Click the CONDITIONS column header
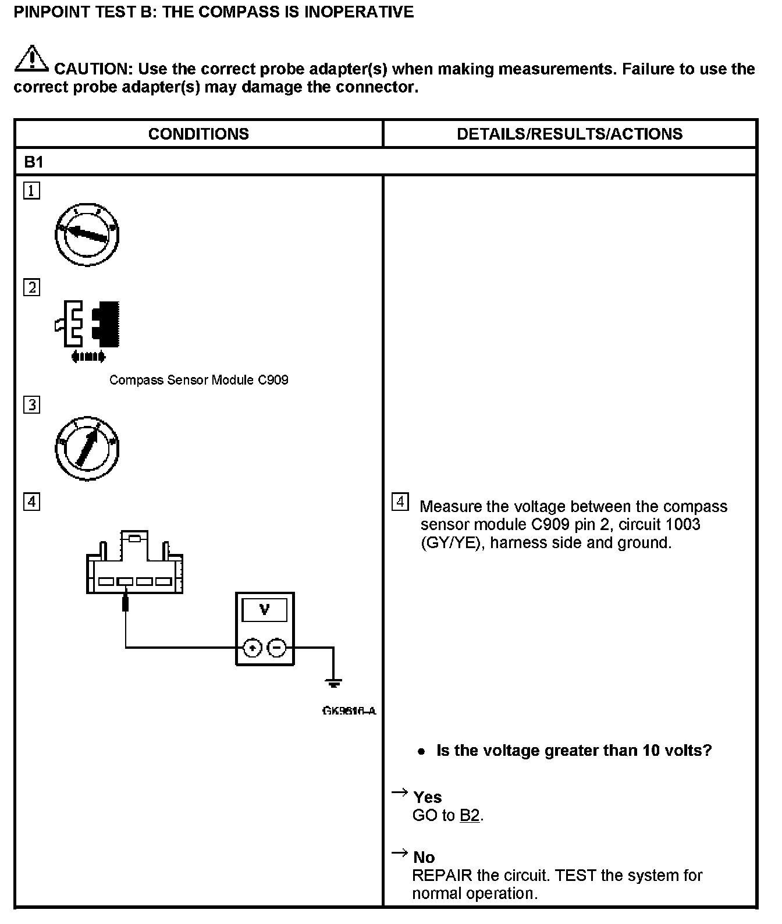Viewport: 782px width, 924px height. [198, 134]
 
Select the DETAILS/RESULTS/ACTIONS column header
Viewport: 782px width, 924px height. [570, 134]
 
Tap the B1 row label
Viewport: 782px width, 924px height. [34, 162]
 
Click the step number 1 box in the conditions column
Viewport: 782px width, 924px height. [32, 191]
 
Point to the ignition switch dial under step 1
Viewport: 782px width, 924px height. [87, 234]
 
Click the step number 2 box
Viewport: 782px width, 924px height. [32, 287]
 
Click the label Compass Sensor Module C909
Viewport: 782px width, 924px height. [199, 380]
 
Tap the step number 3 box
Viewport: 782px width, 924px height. [32, 404]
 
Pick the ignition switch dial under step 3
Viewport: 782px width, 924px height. [87, 448]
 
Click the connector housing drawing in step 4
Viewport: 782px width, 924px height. [134, 564]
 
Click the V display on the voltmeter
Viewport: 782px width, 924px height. [265, 610]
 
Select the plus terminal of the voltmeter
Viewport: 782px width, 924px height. [252, 647]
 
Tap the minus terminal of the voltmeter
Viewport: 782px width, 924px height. [277, 647]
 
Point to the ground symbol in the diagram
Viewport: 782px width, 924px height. [333, 683]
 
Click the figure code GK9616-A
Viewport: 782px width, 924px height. [349, 711]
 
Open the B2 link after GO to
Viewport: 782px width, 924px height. [470, 816]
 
